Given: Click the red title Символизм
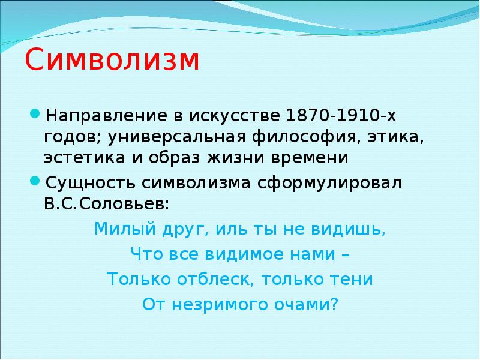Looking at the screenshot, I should tap(112, 62).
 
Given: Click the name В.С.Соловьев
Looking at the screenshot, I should tap(106, 203).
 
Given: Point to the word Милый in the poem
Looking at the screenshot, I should tap(118, 229).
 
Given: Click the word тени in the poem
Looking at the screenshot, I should tap(353, 279).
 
